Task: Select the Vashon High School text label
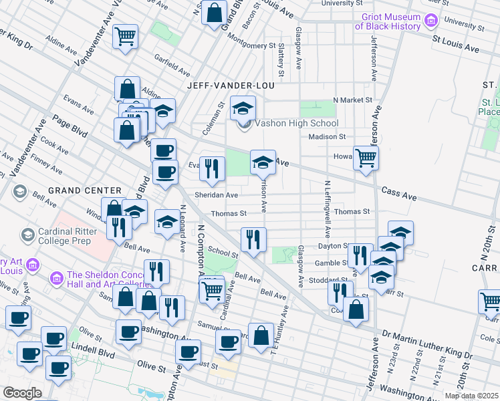pos(296,124)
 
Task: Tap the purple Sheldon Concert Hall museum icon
pos(56,277)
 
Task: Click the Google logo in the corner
pos(22,392)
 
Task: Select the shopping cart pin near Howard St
pos(366,158)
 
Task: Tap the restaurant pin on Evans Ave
pos(213,170)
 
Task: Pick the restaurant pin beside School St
pos(253,240)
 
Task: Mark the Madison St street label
pos(326,136)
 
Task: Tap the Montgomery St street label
pos(253,46)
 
